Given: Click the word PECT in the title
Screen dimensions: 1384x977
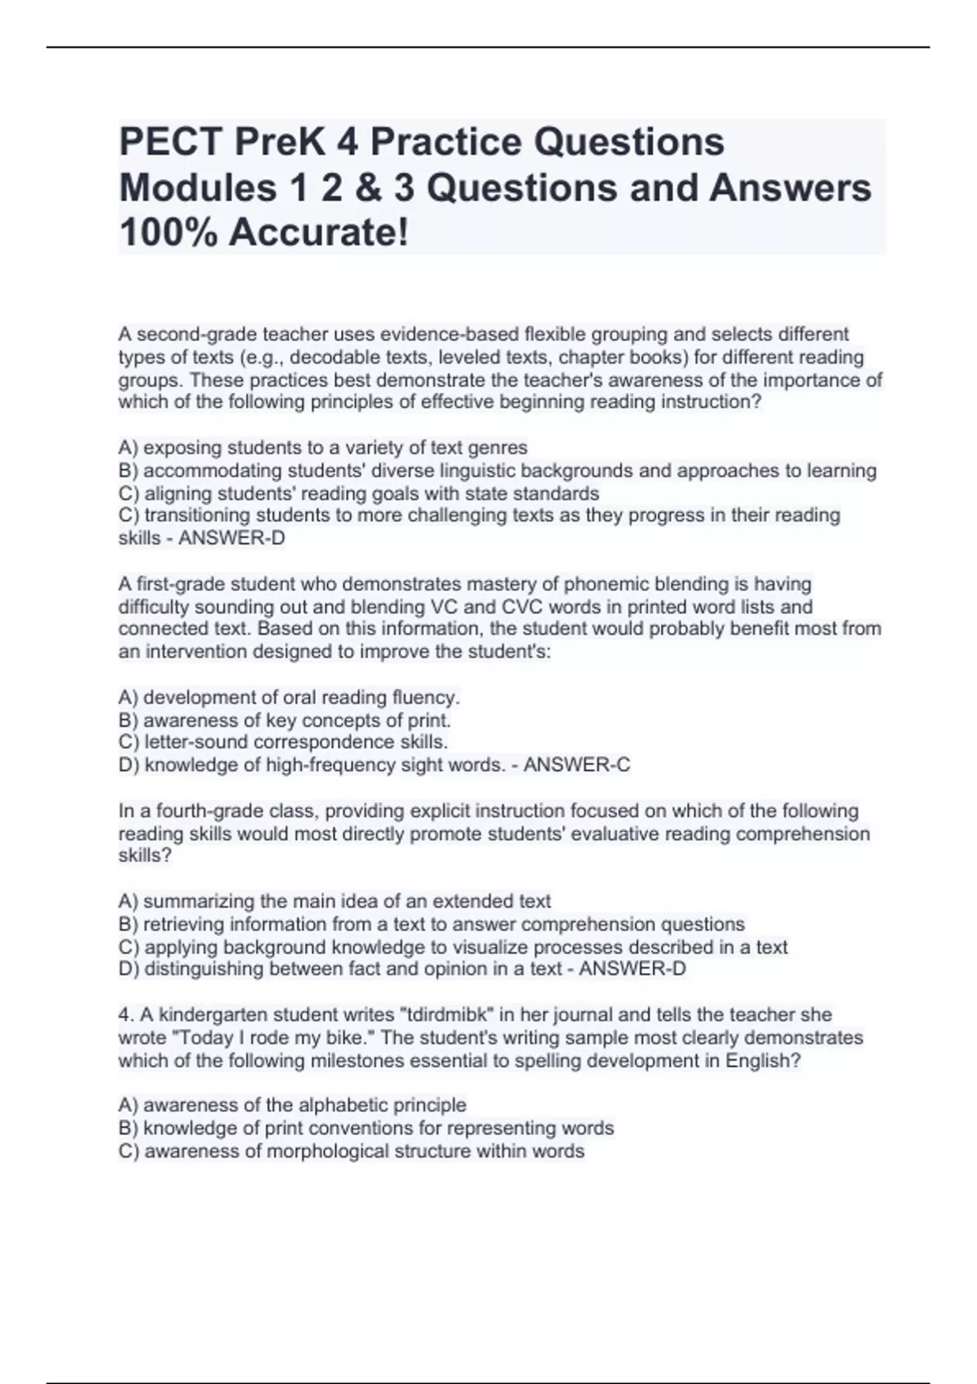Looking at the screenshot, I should point(169,142).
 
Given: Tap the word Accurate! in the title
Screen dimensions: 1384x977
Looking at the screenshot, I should point(319,233).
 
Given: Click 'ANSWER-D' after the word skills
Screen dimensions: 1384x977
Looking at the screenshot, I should point(232,538).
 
